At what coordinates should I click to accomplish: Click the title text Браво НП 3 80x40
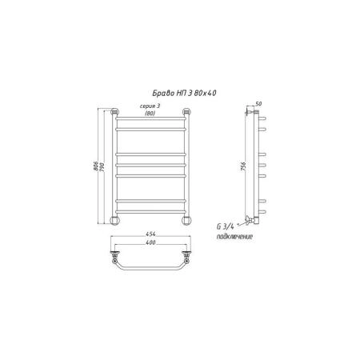tap(184, 93)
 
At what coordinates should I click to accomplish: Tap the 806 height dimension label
tap(96, 166)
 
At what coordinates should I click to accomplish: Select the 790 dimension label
tap(102, 166)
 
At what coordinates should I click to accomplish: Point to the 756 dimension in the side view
tap(243, 166)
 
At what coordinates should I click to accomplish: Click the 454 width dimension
tap(150, 234)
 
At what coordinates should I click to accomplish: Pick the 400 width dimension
tap(150, 242)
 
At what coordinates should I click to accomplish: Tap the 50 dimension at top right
tap(258, 104)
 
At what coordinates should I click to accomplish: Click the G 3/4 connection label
tap(226, 226)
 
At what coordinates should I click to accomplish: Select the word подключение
tap(234, 237)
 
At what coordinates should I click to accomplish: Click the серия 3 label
tap(150, 106)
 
